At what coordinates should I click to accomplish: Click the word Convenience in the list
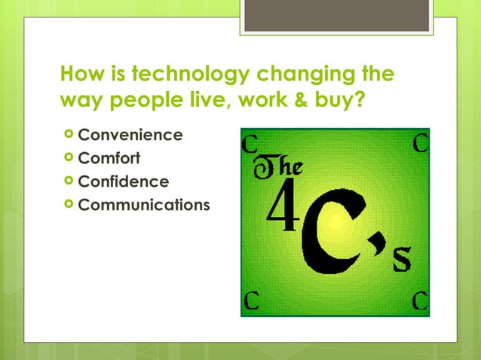(130, 136)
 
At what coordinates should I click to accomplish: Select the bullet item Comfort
(109, 159)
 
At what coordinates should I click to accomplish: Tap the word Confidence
(124, 182)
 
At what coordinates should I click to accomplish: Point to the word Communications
(144, 205)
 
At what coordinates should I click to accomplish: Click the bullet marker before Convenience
(69, 136)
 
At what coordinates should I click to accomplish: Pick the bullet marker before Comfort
(69, 159)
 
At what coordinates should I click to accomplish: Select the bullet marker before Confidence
(69, 182)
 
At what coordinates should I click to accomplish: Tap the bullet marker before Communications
(69, 205)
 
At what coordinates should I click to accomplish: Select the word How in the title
(82, 75)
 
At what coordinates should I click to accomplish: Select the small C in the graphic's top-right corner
(421, 141)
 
